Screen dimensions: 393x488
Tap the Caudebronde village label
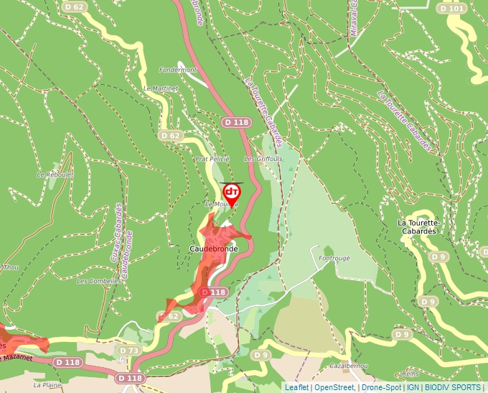[213, 249]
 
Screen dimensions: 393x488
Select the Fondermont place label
[177, 70]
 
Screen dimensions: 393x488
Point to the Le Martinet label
[161, 88]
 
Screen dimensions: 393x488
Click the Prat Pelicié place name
[212, 159]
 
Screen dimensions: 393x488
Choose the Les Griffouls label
[263, 159]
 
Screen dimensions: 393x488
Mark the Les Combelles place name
[98, 281]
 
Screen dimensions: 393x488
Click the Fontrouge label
[334, 259]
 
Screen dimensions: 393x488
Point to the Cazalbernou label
[348, 366]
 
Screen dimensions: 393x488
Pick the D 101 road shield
[451, 8]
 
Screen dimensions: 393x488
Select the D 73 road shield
[128, 350]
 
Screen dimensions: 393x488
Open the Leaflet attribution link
[296, 387]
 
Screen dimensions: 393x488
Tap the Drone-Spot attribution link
[381, 387]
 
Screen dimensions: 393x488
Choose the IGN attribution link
[413, 387]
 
